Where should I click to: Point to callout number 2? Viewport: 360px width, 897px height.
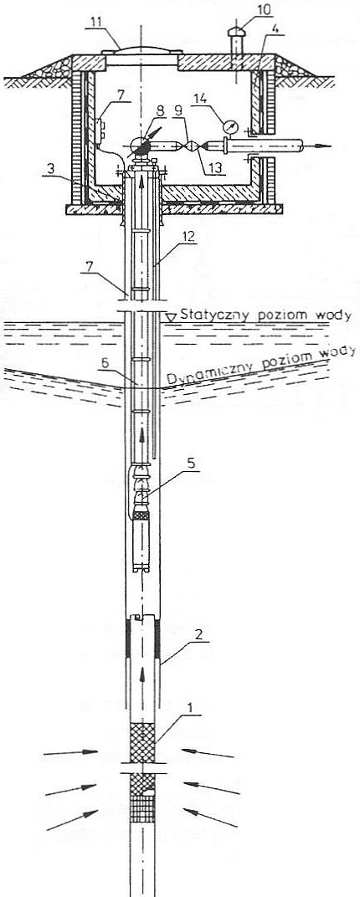[196, 634]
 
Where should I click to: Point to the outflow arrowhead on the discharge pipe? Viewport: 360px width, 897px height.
[323, 146]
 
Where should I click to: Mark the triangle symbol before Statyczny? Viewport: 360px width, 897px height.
[170, 316]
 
